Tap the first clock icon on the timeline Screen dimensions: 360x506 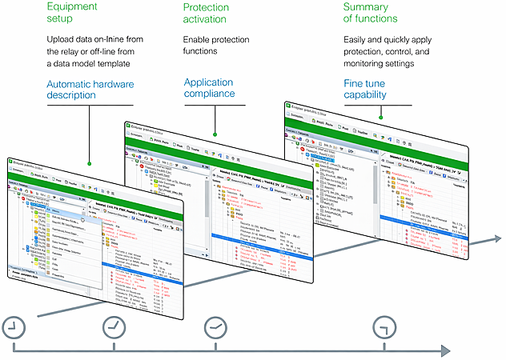pyautogui.click(x=13, y=326)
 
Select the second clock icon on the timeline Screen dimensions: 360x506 pyautogui.click(x=115, y=326)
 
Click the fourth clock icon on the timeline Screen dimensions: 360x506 pyautogui.click(x=386, y=326)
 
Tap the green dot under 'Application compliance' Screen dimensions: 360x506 pyautogui.click(x=215, y=134)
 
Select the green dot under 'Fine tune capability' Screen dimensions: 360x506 pyautogui.click(x=383, y=119)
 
